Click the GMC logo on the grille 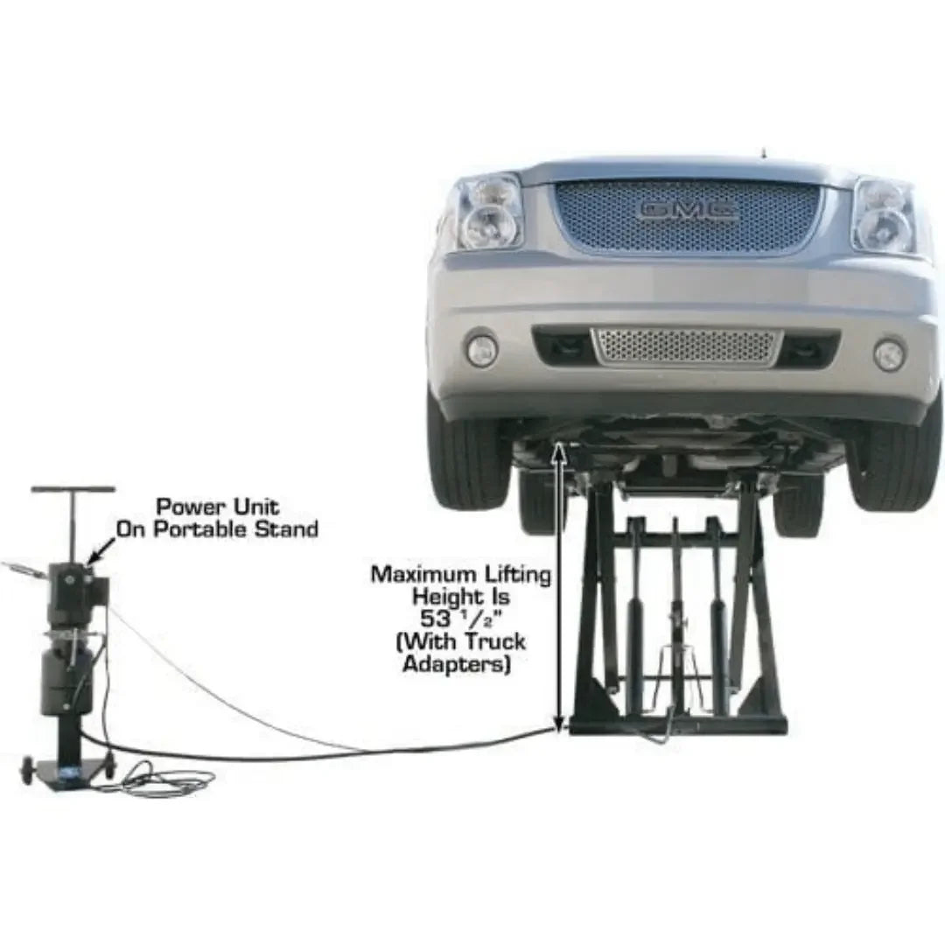[x=688, y=210]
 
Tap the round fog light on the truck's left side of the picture [x=481, y=350]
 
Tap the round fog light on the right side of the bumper [x=889, y=354]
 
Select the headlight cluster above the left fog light [x=488, y=212]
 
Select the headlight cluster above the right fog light [x=884, y=215]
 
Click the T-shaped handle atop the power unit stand [x=73, y=490]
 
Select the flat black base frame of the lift [x=678, y=724]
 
